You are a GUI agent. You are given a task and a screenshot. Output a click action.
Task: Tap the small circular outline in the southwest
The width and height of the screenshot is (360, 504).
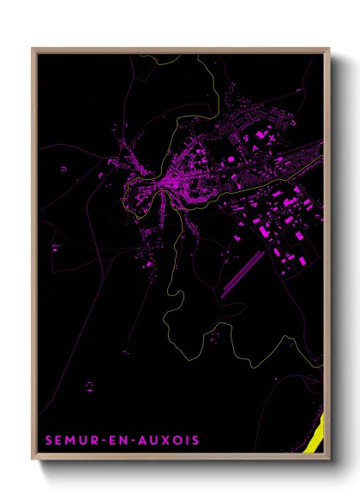pos(88,385)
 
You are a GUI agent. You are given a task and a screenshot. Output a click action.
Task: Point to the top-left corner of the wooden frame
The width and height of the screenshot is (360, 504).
pos(33,48)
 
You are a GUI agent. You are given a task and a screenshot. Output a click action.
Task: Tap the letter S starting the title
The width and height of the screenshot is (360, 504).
pos(49,441)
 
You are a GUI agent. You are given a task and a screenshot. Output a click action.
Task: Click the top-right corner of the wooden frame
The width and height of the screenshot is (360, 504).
pos(329,48)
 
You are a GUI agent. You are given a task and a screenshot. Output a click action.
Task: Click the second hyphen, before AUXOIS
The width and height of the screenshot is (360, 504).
pos(134,441)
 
